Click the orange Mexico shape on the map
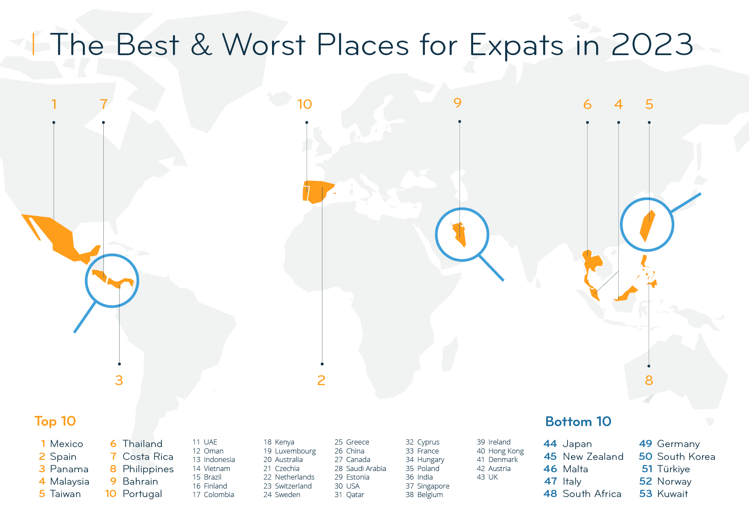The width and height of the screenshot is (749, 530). coord(60,238)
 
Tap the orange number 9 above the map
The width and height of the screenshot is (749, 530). coord(457,103)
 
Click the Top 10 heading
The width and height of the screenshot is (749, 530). coord(55,421)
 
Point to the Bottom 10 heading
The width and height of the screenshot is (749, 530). coord(578,421)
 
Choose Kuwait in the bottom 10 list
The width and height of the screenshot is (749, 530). coord(672,494)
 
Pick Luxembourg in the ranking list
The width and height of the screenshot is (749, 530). coord(295,451)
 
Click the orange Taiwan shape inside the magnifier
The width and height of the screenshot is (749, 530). coord(647,226)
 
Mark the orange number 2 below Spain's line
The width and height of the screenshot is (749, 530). coord(322,380)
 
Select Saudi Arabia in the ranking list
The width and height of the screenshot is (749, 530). coord(366,468)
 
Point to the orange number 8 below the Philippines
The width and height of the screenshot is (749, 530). coord(649,380)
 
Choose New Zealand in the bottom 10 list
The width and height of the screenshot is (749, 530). coord(593,456)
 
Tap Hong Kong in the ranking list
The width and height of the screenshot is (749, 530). coord(506,451)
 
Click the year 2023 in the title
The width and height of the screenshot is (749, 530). coord(652,45)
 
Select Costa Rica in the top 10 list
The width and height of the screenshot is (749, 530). coord(148,456)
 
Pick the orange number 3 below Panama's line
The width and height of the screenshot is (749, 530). coord(119,380)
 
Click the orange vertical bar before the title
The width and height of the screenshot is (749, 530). coord(33,44)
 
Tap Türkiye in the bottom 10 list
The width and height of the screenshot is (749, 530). coord(673,469)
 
